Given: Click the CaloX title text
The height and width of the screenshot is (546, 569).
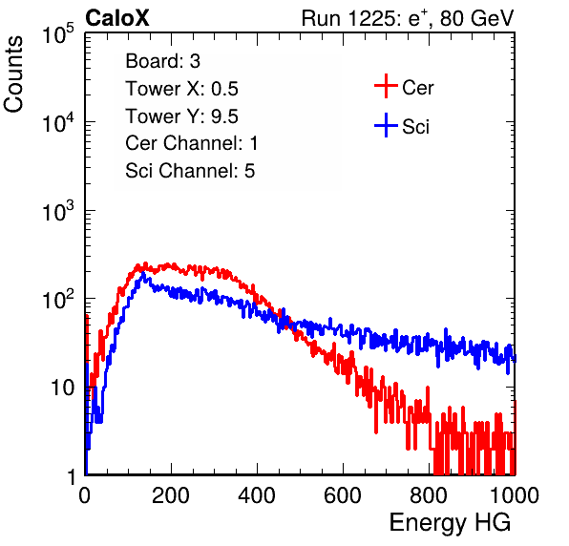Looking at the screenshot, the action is coord(116,18).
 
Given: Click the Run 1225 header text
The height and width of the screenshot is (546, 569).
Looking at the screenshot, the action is coord(408,18).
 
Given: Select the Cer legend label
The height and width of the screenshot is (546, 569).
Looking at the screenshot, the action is coord(417,88).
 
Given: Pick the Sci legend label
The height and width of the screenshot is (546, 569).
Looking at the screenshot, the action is coord(415,127).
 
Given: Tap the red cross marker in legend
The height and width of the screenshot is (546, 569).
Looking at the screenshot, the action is coord(386,86).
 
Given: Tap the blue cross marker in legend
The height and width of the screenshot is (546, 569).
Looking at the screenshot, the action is coord(386,125).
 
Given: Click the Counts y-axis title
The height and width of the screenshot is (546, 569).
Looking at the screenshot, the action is coord(13,74).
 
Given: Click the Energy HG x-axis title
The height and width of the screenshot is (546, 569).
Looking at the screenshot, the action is coord(450,522).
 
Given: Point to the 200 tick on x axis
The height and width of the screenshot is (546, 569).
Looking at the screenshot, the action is coord(171,495).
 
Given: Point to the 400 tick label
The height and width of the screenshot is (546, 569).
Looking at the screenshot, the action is coord(257,495).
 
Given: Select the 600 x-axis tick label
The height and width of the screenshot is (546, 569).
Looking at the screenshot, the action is coord(343,495).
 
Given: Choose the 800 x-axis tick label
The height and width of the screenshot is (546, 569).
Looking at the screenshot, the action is coord(429,495).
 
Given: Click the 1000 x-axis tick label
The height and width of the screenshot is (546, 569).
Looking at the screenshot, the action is coord(515,495).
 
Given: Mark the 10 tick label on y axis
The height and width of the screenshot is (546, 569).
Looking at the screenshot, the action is coord(63,388).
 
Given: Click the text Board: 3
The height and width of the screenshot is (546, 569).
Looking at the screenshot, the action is coord(162,61).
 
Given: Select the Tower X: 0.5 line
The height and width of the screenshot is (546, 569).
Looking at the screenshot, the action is coord(181,89).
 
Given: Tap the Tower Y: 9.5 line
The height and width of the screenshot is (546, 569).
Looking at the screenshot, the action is coord(181,116).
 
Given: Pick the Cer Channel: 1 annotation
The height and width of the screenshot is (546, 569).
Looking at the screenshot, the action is coord(192,143).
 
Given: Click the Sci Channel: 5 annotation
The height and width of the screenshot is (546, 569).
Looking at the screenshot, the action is coord(190,171).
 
